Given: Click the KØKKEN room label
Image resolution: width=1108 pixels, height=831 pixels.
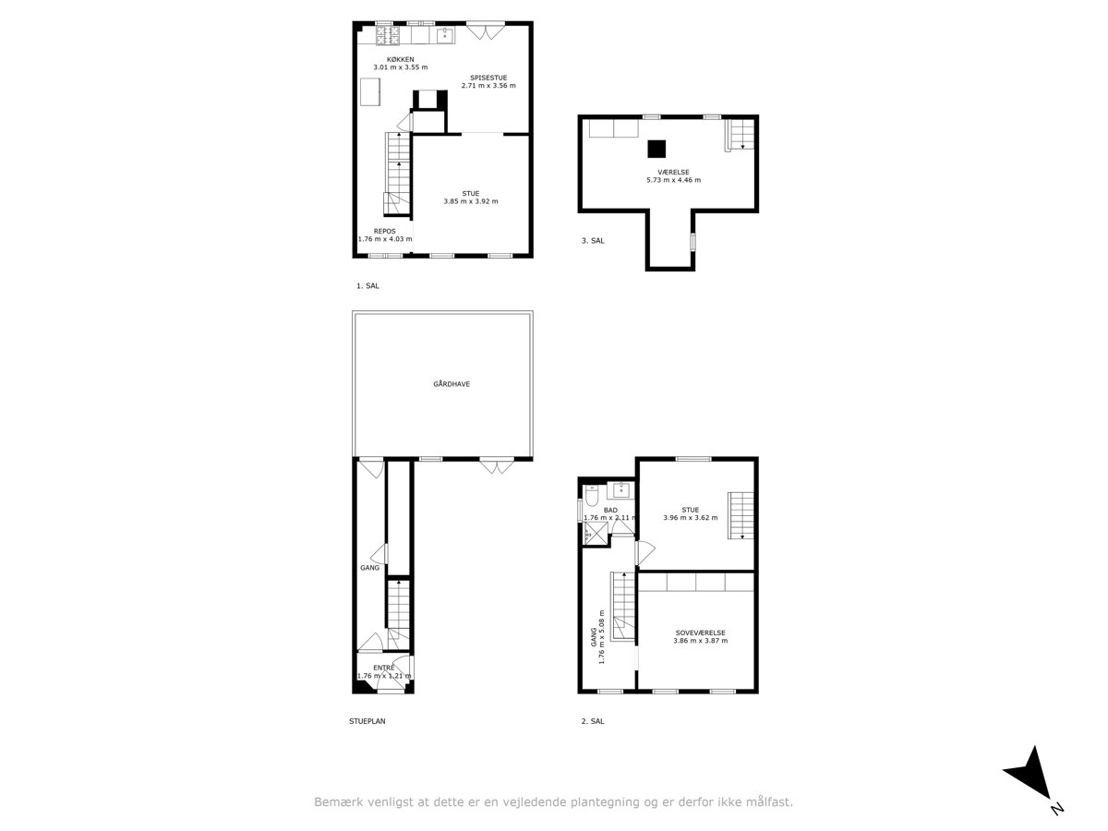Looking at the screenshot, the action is click(400, 59).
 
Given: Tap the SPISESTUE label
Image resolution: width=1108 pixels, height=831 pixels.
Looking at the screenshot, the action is click(488, 78).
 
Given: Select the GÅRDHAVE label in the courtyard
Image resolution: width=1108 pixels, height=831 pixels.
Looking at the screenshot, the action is click(452, 384).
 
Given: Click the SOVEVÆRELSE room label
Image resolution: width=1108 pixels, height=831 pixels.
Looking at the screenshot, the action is click(700, 632).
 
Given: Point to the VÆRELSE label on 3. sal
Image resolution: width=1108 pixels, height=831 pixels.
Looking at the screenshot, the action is click(673, 172).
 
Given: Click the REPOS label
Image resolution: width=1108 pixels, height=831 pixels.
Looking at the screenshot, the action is click(385, 231).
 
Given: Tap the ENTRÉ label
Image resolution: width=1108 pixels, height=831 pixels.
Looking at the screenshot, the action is click(383, 668).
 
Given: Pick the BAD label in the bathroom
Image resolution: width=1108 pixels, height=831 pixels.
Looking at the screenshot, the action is click(610, 510).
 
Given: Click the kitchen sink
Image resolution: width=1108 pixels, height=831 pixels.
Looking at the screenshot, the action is click(445, 35).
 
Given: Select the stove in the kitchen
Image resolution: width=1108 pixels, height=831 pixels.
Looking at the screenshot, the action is click(388, 35).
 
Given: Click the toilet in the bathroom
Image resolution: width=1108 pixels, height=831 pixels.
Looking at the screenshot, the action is click(591, 495).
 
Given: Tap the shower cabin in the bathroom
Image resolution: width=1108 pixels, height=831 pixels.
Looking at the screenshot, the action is click(596, 534).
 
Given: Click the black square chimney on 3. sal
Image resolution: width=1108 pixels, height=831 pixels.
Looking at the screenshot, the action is click(656, 149).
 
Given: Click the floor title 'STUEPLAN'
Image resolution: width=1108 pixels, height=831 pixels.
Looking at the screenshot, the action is click(367, 721).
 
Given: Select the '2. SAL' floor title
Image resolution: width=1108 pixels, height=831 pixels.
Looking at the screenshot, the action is click(593, 721).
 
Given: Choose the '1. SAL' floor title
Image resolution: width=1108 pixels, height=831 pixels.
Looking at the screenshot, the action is click(367, 285).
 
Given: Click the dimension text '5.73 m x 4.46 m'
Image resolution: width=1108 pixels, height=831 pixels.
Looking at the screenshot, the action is click(673, 180).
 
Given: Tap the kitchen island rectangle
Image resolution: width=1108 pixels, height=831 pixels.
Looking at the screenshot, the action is click(370, 91).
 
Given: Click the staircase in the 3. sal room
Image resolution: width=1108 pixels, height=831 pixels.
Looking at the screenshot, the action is click(740, 135).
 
